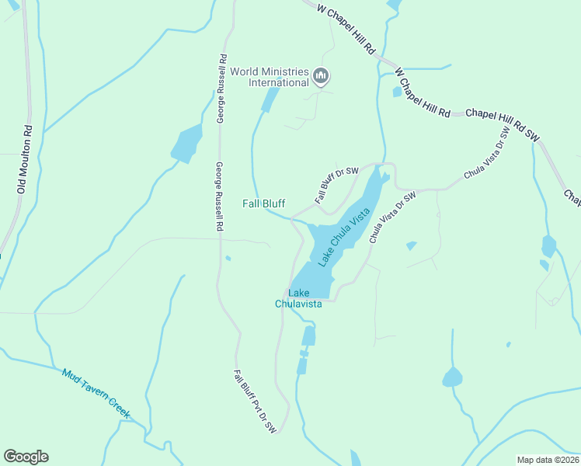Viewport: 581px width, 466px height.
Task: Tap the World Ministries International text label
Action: point(268,77)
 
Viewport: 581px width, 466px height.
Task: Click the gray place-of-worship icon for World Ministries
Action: point(322,77)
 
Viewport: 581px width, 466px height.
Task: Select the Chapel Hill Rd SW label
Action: point(502,124)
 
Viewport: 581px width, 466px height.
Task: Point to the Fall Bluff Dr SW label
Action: point(336,185)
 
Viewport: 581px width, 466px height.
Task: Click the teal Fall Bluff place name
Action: point(263,203)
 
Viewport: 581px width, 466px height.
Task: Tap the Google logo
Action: point(26,457)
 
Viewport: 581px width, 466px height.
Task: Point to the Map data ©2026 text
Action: point(548,459)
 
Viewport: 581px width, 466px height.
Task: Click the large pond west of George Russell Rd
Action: point(186,144)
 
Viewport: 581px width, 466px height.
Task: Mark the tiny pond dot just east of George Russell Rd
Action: point(227,258)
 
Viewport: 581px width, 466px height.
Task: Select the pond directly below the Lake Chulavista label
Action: point(308,336)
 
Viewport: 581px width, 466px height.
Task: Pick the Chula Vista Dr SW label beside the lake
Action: point(392,217)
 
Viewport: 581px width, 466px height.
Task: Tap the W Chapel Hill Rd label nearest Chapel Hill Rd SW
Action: point(423,92)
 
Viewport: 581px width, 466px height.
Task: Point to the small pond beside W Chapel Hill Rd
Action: point(397,92)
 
